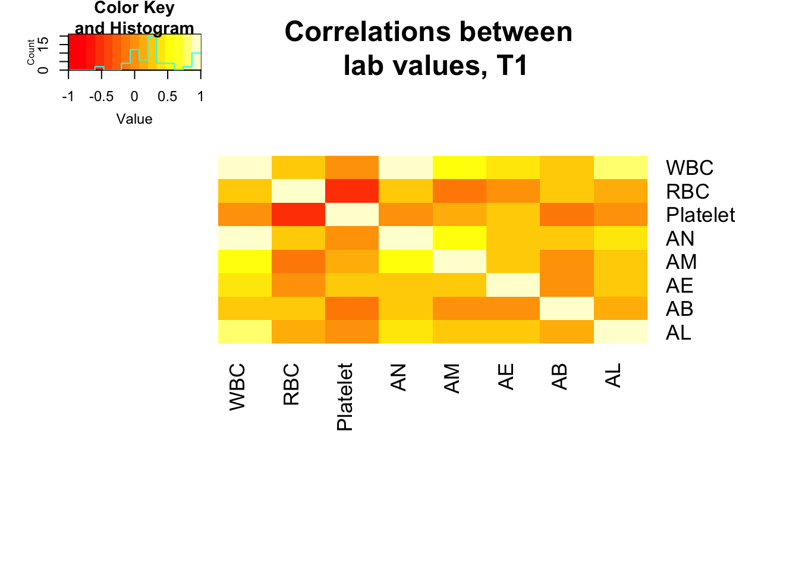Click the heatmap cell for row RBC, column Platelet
pos(352,191)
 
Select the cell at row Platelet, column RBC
pos(298,215)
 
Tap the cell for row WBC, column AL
pos(621,167)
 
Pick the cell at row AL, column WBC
pos(245,332)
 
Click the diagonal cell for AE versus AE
pos(513,285)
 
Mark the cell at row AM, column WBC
pos(245,261)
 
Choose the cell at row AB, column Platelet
pos(352,308)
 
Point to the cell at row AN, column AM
pos(460,238)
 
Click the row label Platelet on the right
pos(700,215)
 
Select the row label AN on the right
pos(680,239)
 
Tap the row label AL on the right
pos(678,332)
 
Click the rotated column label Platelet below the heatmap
pos(345,397)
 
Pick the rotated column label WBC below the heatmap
pos(237,387)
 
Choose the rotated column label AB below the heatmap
pos(559,377)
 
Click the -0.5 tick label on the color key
pos(101,96)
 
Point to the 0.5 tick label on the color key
pos(167,96)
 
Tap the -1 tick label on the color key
pos(68,96)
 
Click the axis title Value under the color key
pos(134,119)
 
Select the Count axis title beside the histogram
pos(31,52)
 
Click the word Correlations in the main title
pos(367,32)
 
